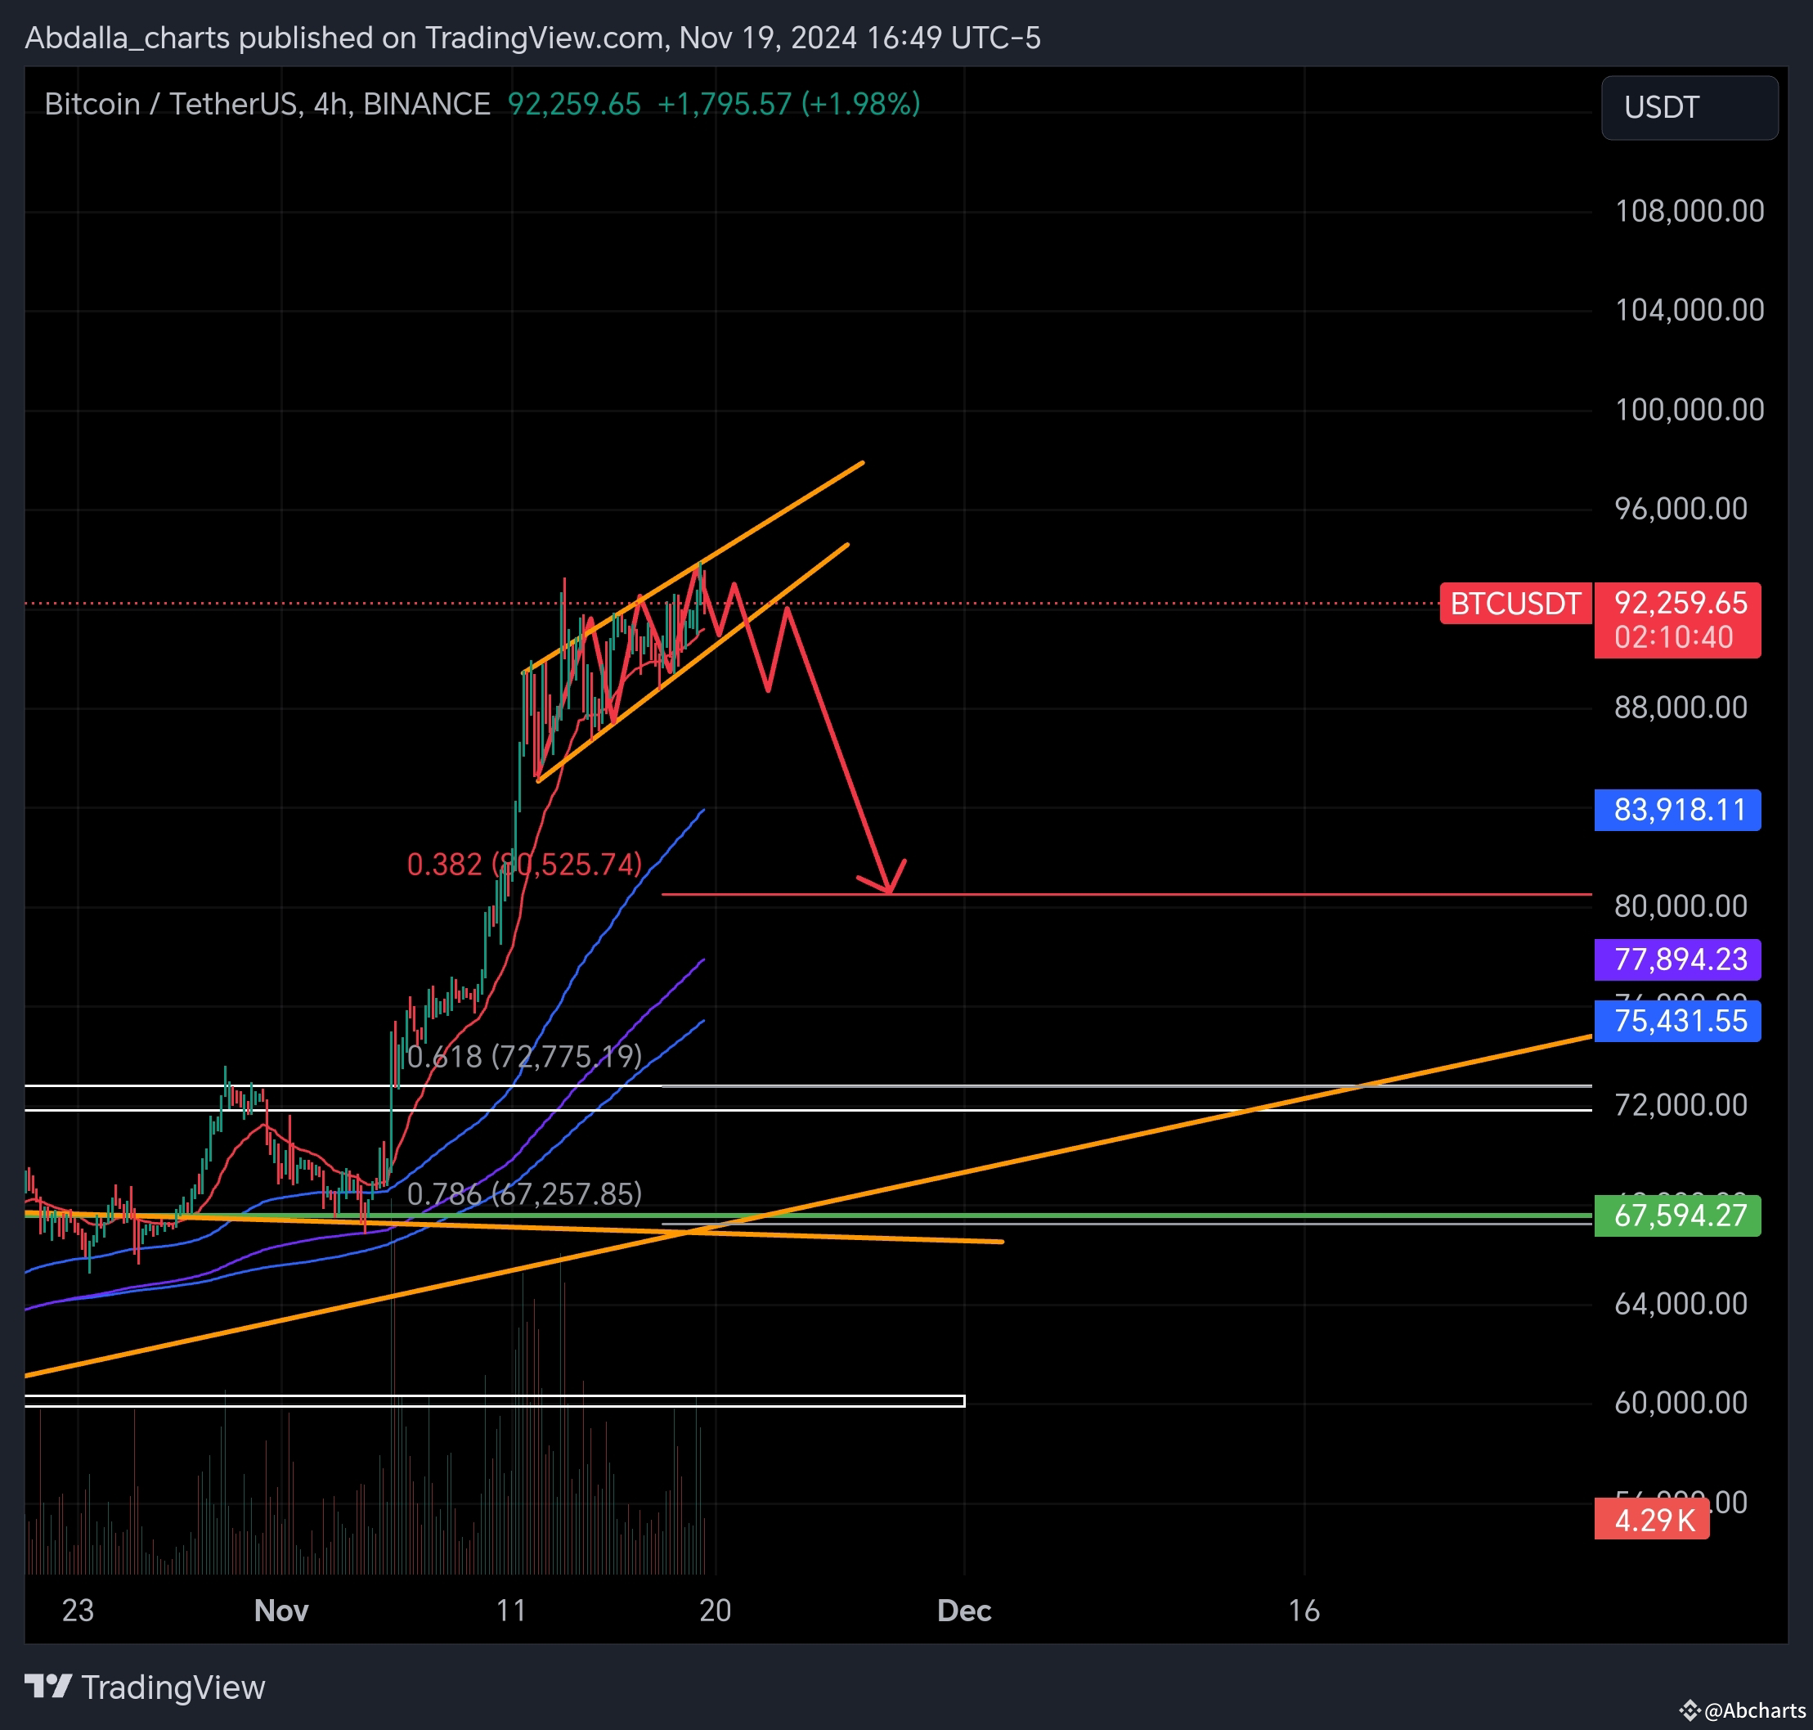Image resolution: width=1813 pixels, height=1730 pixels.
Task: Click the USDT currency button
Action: [1689, 108]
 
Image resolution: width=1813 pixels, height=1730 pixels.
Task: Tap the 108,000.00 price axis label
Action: [1689, 211]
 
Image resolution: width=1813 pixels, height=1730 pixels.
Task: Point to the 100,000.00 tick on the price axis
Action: [1689, 410]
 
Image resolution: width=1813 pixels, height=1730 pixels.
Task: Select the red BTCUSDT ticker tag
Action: [1515, 604]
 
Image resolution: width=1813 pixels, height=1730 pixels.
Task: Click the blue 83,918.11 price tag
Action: [1677, 810]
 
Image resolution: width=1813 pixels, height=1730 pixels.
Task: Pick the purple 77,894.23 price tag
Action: [1677, 959]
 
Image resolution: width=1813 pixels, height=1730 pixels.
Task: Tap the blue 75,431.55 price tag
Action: [1677, 1021]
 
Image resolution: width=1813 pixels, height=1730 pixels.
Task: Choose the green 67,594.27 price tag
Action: [1677, 1215]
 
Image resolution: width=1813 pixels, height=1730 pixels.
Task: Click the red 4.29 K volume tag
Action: [1652, 1520]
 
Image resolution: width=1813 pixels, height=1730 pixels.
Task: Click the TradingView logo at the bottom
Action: [145, 1687]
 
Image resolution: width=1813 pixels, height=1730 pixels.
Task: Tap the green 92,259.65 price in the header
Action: [573, 104]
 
